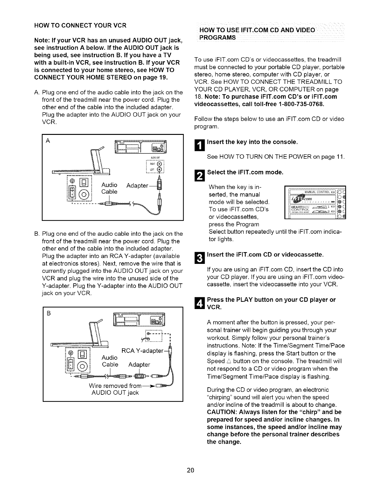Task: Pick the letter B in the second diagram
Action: pos(48,312)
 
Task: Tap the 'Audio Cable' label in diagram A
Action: pos(110,188)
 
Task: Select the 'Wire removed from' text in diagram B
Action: pos(115,386)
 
